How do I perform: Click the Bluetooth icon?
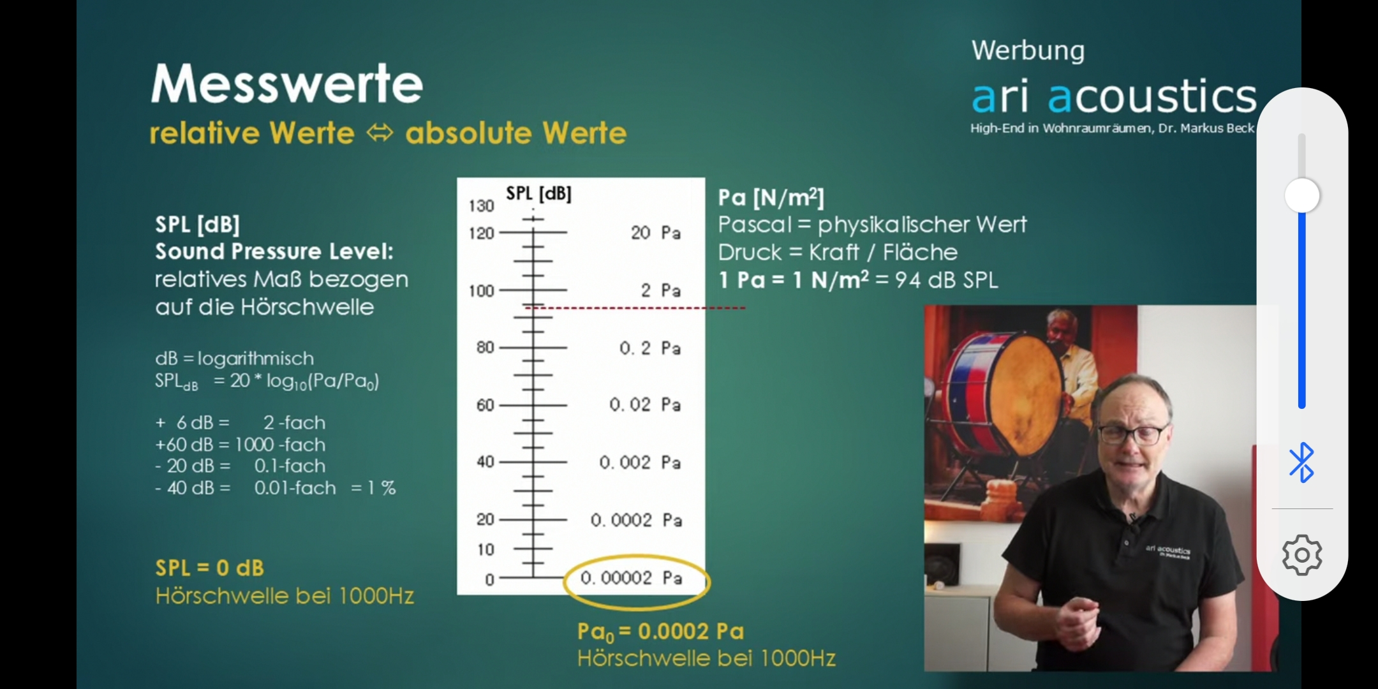click(x=1301, y=463)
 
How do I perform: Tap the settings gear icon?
click(x=1302, y=555)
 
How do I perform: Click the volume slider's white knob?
click(x=1302, y=195)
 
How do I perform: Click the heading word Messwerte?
click(x=287, y=84)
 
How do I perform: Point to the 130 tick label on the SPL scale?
click(x=482, y=206)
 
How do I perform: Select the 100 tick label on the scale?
click(x=482, y=291)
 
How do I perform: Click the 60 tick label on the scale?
click(x=485, y=405)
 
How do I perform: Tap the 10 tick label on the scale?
click(x=486, y=549)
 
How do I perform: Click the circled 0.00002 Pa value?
click(x=632, y=578)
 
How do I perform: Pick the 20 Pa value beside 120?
click(x=656, y=233)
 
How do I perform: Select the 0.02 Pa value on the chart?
click(x=645, y=405)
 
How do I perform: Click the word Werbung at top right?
click(x=1028, y=50)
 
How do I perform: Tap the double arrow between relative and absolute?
click(x=380, y=133)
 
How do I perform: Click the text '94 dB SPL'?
click(x=946, y=280)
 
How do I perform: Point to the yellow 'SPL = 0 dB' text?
click(x=209, y=568)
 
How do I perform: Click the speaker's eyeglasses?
click(x=1130, y=434)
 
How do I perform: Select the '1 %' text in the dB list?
click(x=382, y=488)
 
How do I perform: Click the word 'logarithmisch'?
click(x=255, y=359)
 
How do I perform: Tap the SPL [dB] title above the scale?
click(x=538, y=193)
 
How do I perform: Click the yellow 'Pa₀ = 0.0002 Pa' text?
click(x=660, y=632)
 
